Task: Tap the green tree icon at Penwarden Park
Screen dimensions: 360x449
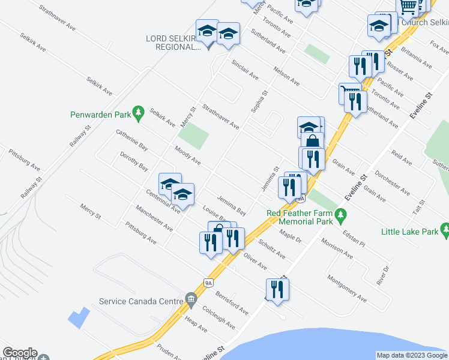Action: click(139, 112)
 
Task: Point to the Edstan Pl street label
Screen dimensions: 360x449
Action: click(354, 239)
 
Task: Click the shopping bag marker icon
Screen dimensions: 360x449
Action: click(312, 142)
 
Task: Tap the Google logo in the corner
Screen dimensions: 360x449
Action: click(20, 353)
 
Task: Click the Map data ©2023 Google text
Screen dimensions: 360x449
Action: click(412, 356)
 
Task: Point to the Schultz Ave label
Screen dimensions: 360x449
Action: click(271, 248)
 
